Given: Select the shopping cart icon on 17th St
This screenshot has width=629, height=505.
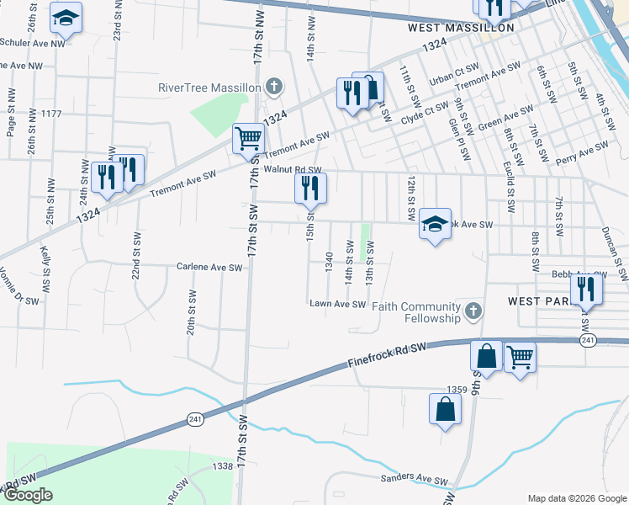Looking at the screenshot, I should point(247,138).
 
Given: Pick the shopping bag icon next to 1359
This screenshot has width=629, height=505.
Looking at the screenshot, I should point(445,409).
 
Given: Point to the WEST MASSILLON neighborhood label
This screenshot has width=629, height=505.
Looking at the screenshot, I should point(460,28).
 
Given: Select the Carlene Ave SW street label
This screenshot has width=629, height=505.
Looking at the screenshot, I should point(209,268).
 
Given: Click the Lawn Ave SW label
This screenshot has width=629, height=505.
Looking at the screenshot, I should point(337,304).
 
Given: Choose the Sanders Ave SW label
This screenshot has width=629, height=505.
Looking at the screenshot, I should point(415,480).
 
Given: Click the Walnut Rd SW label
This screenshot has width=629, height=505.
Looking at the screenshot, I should point(293,170).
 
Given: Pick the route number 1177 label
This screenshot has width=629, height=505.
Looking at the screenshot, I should point(51,114).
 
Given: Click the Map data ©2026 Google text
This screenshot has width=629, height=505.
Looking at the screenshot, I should point(577,497).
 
